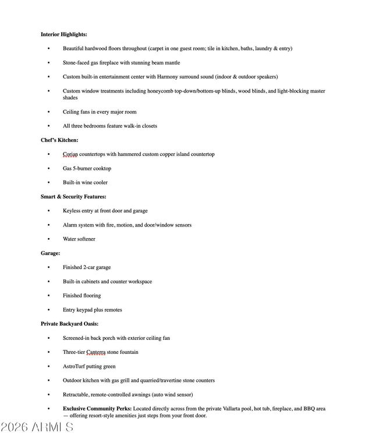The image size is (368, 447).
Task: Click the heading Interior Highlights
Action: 63,34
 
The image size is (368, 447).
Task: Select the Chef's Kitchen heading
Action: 59,140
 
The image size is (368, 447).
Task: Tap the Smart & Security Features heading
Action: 73,197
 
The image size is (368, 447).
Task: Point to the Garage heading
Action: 50,253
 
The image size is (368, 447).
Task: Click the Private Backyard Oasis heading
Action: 69,324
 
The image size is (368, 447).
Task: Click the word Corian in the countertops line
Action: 70,154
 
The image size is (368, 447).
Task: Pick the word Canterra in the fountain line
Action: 95,352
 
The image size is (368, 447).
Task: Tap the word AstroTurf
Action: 75,366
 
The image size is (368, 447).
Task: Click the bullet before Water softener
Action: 49,239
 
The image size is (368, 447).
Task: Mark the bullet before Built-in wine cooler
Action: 49,183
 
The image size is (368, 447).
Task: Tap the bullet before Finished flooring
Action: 49,296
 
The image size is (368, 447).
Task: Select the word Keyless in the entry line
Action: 72,211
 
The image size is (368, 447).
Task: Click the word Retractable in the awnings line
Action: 76,395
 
